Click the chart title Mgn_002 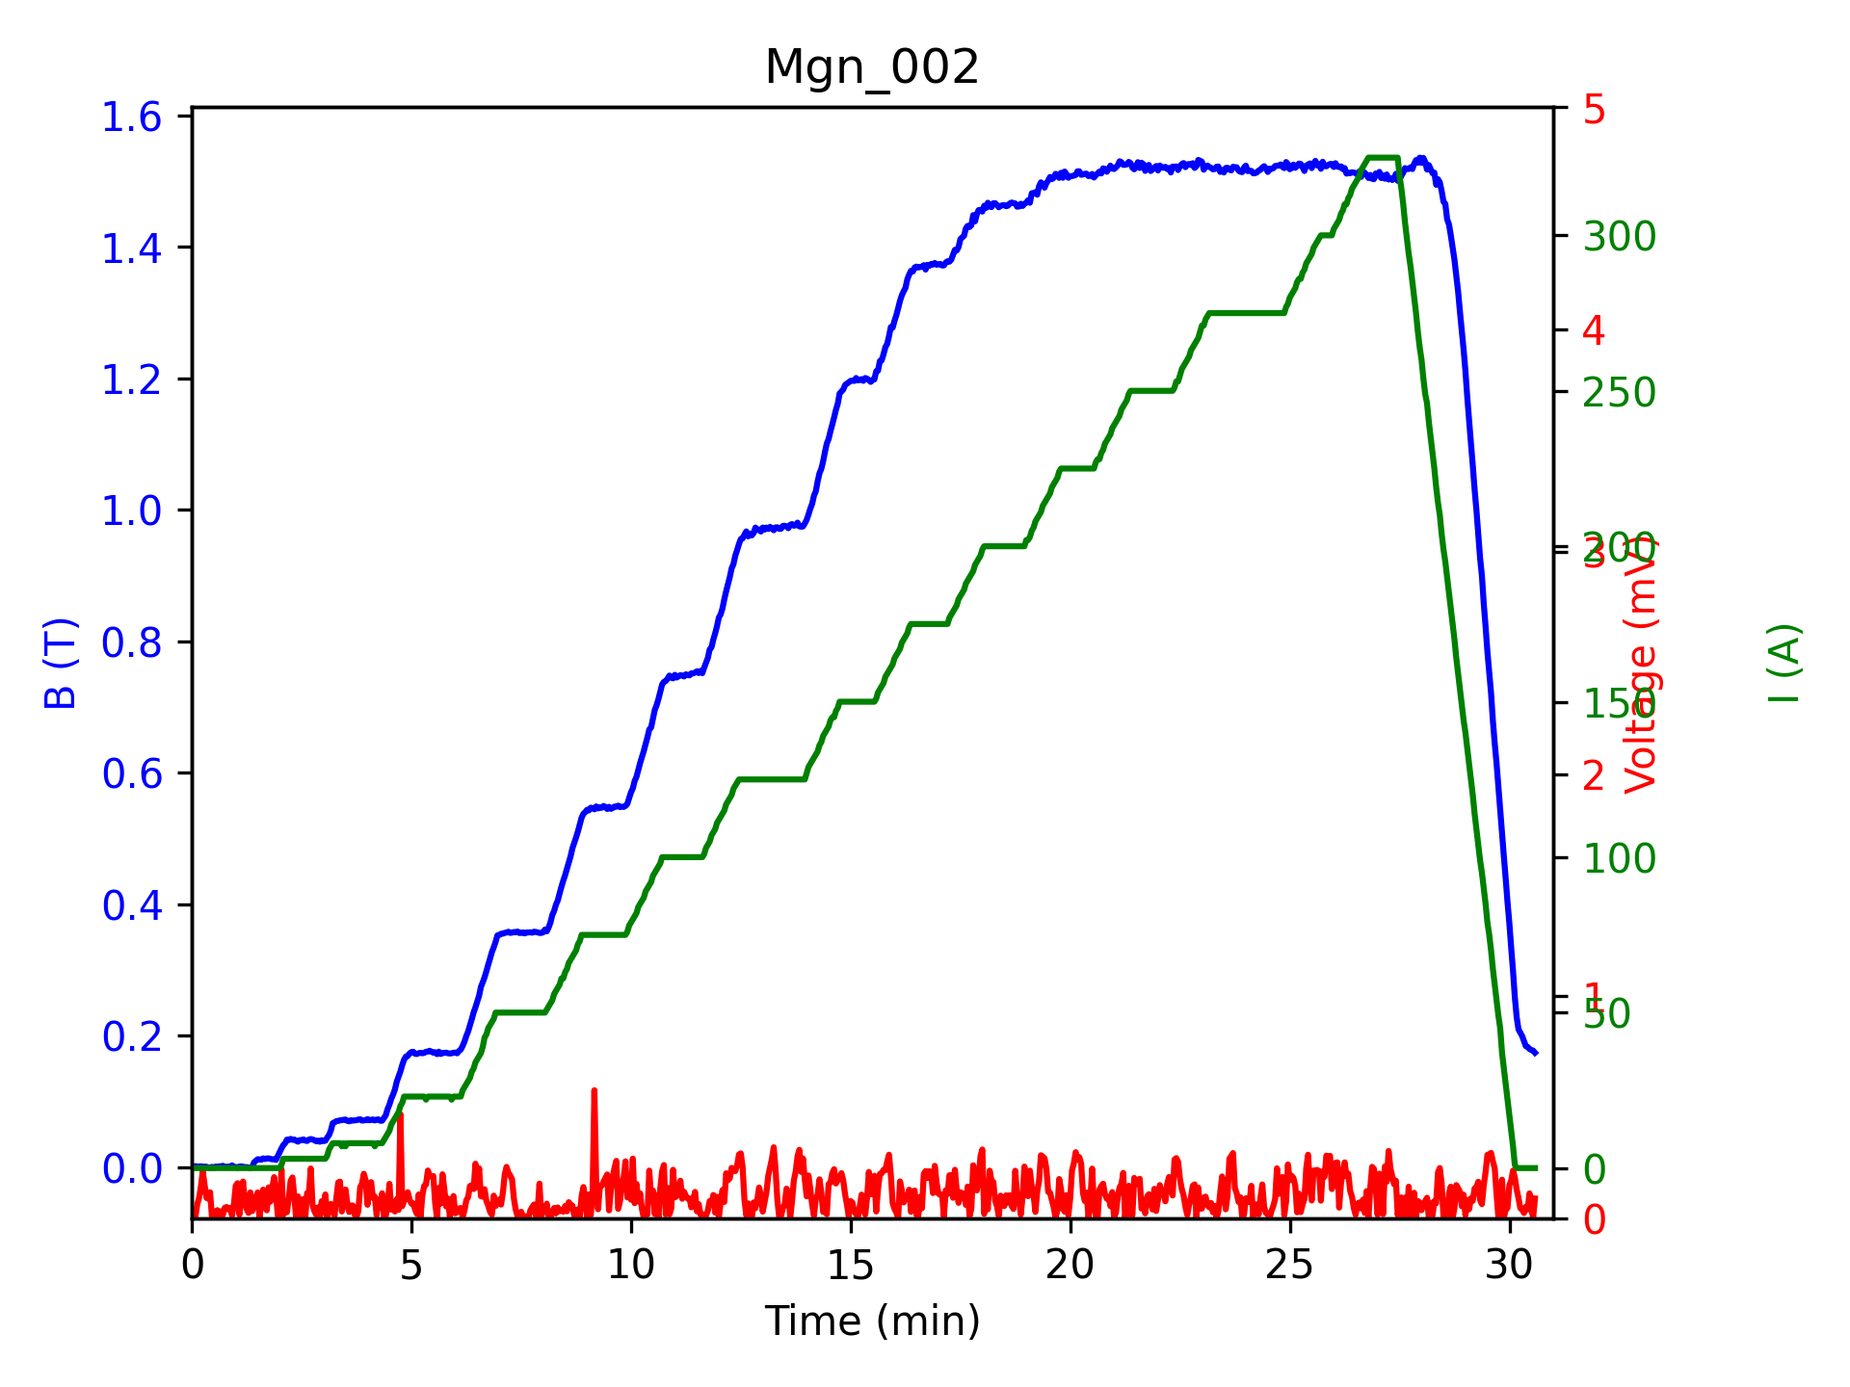tap(871, 68)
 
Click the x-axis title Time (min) tap(871, 1321)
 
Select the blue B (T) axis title tap(61, 663)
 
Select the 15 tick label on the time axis tap(850, 1266)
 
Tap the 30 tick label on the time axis tap(1509, 1266)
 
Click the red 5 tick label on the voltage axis tap(1595, 110)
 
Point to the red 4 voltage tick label tap(1595, 331)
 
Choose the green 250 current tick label tap(1620, 393)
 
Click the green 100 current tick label tap(1620, 859)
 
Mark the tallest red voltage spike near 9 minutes tap(594, 1091)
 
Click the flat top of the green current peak tap(1383, 157)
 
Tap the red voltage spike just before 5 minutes tap(400, 1115)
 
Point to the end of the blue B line tap(1536, 1054)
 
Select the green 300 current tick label tap(1620, 237)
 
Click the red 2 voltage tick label tap(1595, 775)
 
